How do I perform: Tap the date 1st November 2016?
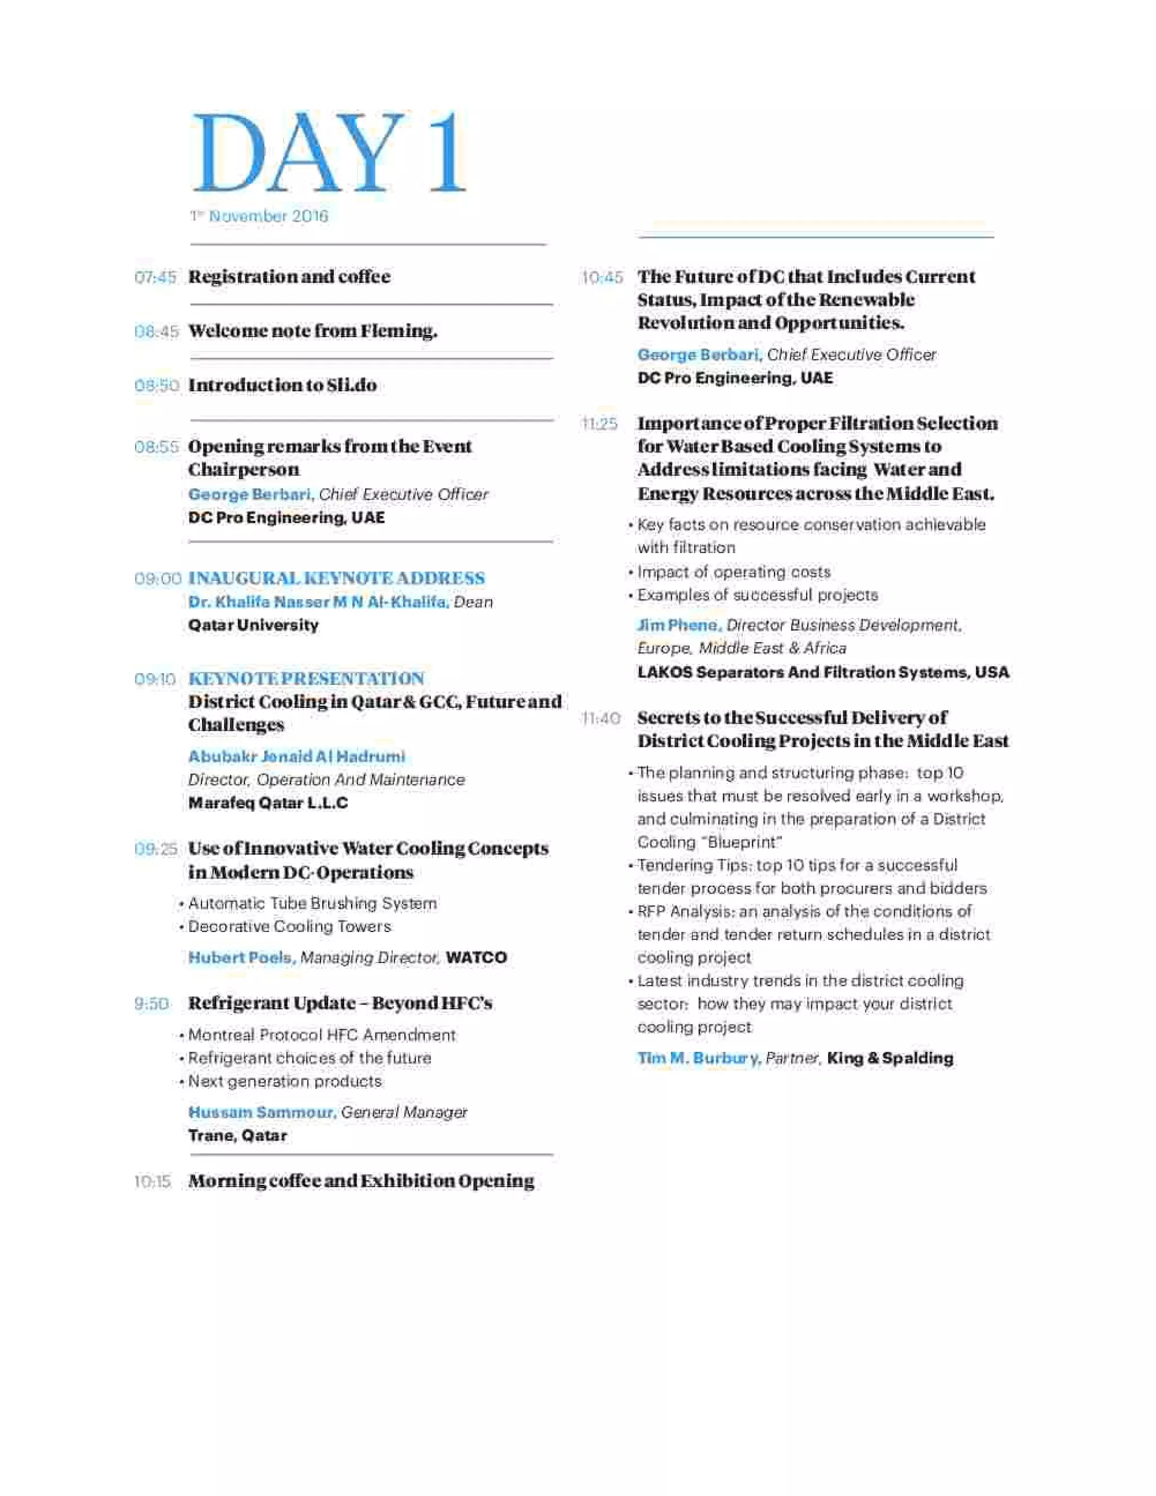(260, 216)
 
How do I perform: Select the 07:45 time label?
(155, 277)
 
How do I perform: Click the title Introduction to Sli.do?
(282, 385)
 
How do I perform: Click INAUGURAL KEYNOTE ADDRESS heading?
(336, 578)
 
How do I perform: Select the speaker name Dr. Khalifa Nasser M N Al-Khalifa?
(318, 602)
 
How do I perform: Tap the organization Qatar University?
(253, 625)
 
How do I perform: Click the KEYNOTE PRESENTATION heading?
(306, 678)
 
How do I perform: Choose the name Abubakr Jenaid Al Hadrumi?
(296, 756)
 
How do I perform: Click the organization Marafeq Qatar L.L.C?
(268, 803)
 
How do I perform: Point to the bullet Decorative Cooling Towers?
(290, 927)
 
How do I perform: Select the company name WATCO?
(476, 957)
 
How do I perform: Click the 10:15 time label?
(152, 1182)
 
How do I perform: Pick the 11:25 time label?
(599, 424)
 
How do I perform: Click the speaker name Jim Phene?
(678, 625)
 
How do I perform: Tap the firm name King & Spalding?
(890, 1058)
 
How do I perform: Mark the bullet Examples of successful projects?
(757, 595)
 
